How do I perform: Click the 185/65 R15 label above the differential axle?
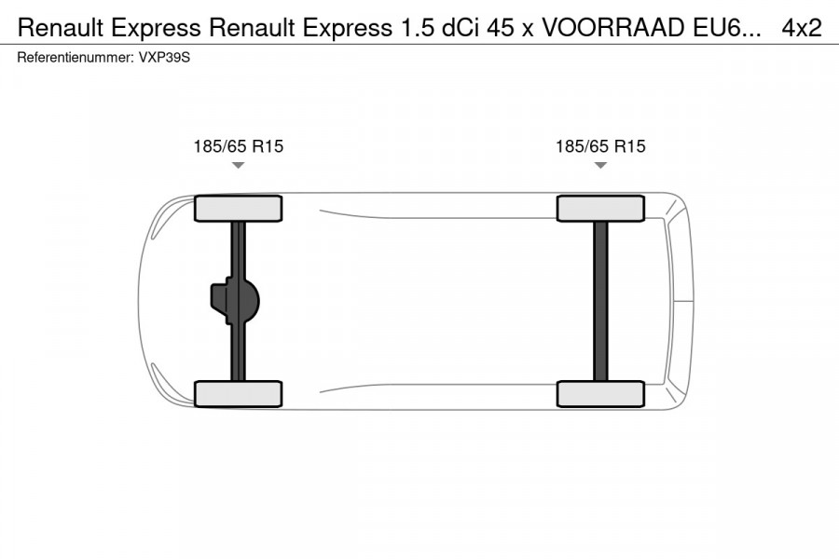pyautogui.click(x=238, y=146)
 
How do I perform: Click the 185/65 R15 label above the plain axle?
pyautogui.click(x=600, y=146)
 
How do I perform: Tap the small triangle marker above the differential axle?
pyautogui.click(x=238, y=165)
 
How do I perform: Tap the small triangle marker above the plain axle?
pyautogui.click(x=600, y=165)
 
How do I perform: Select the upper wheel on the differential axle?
pyautogui.click(x=238, y=208)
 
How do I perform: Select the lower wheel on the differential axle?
pyautogui.click(x=238, y=393)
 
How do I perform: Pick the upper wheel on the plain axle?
pyautogui.click(x=600, y=208)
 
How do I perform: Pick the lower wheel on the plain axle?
pyautogui.click(x=600, y=393)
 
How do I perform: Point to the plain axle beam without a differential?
pyautogui.click(x=600, y=301)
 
